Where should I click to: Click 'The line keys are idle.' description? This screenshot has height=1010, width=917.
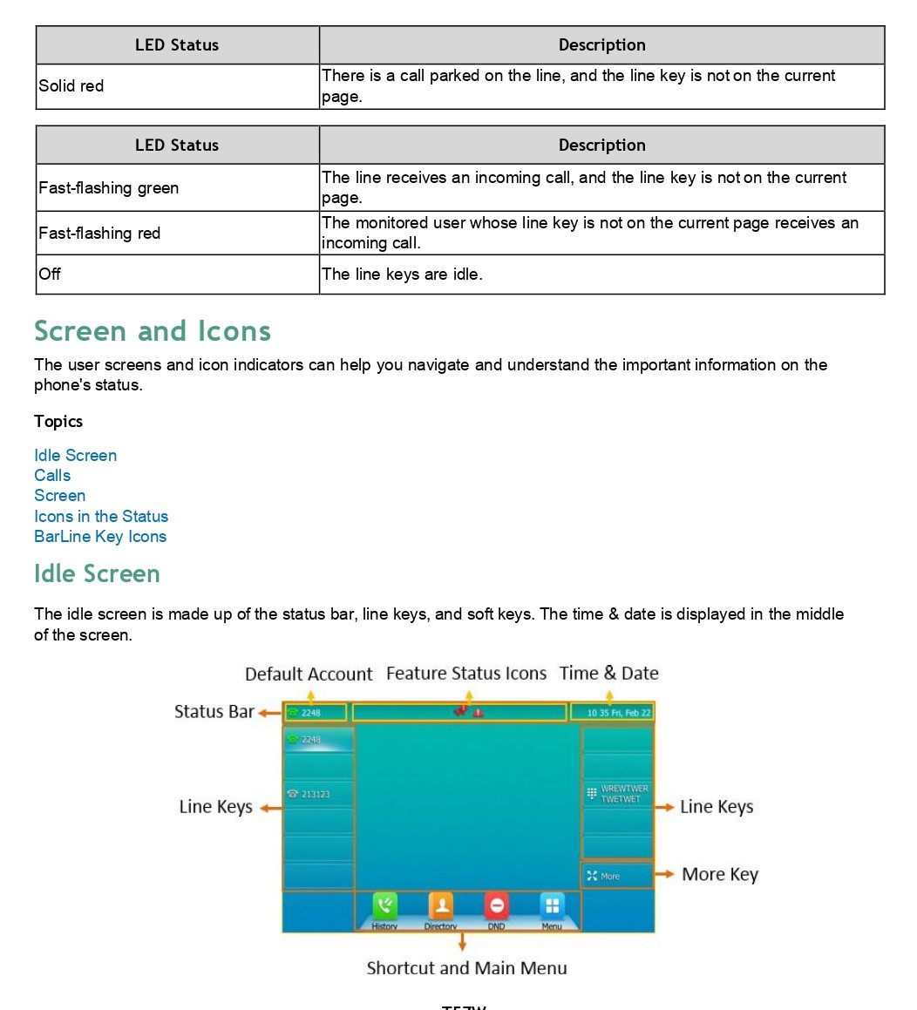coord(401,275)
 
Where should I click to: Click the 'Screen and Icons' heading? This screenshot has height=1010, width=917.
coord(153,331)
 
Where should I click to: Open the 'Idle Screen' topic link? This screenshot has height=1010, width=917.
coord(75,456)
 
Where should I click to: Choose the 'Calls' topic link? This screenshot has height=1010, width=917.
coord(52,476)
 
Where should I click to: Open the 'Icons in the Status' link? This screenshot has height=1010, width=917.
coord(101,517)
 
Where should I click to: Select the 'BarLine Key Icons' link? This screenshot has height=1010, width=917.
coord(100,537)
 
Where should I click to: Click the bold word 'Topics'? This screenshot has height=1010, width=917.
coord(58,422)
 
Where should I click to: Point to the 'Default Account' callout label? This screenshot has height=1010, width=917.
coord(309,674)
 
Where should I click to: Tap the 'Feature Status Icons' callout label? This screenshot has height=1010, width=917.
coord(466,674)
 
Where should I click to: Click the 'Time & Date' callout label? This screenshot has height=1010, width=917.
coord(608,674)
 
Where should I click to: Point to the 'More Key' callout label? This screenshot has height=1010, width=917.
coord(720,875)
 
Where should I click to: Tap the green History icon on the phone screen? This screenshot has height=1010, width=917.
coord(384,906)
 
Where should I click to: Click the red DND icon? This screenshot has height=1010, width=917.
coord(496,906)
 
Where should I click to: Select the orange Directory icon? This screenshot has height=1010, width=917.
coord(440,906)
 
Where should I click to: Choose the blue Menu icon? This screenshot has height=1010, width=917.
coord(552,906)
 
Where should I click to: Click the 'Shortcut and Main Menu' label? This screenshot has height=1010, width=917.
coord(466,968)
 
